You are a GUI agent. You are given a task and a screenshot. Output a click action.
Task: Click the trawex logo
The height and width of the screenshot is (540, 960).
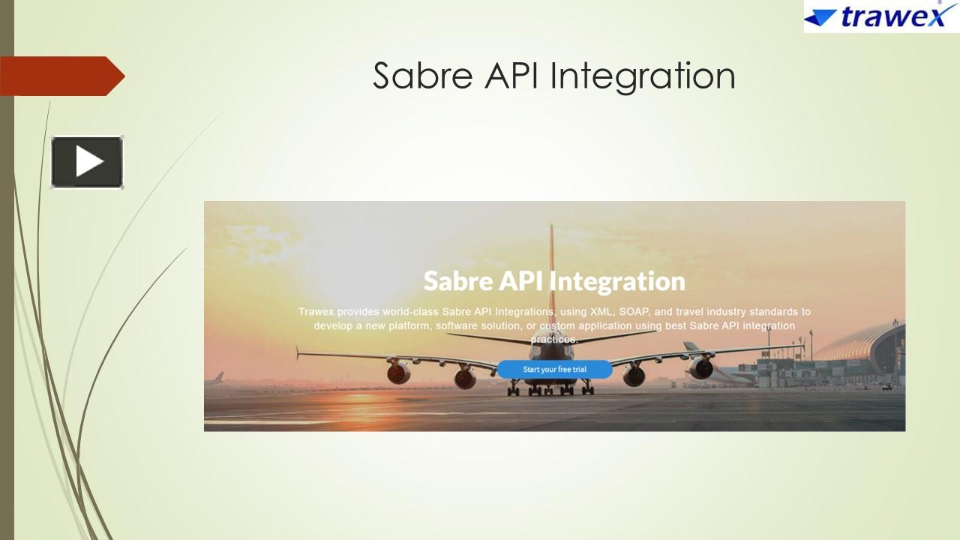coord(880,16)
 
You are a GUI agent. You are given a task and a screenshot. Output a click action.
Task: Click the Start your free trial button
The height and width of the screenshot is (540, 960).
coord(554,369)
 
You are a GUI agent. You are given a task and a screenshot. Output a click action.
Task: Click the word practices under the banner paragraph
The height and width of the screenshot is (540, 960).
coord(554,339)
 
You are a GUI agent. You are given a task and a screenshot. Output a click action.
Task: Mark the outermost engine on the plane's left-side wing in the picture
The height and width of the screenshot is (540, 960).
coord(398,370)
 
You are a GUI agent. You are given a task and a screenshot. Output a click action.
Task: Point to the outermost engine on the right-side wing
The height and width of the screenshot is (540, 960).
coord(701,367)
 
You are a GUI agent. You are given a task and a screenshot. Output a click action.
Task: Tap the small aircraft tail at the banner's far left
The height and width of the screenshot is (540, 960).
coord(218,377)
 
